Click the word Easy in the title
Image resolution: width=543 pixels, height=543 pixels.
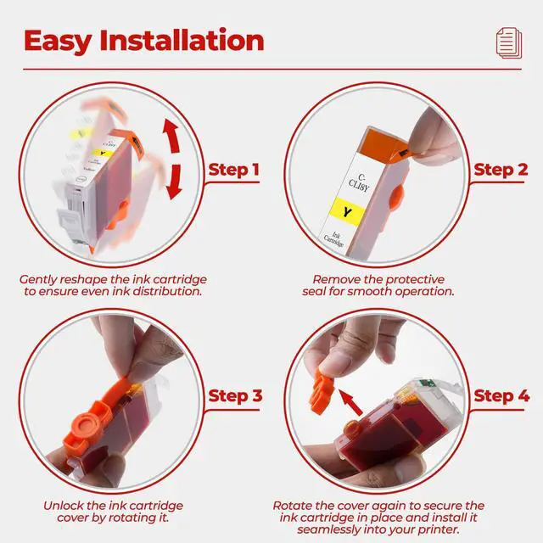coord(58,42)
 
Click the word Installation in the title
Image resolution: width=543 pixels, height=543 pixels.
coord(182,40)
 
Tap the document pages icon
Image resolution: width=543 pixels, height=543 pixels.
coord(509,43)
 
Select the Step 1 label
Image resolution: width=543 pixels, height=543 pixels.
coord(234,170)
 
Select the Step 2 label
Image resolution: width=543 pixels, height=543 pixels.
coord(501,170)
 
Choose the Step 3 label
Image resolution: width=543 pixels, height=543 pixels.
coord(236,396)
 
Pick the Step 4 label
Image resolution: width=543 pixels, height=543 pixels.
coord(501,396)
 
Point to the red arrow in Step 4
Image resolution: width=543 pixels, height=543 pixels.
coord(350,401)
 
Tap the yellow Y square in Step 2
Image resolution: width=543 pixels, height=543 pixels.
coord(347,211)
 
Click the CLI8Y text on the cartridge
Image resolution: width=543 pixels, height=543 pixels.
coord(359,183)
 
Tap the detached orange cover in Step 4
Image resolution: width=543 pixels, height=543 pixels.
coord(321,390)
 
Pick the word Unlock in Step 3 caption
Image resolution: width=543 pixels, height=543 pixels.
coord(63,506)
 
